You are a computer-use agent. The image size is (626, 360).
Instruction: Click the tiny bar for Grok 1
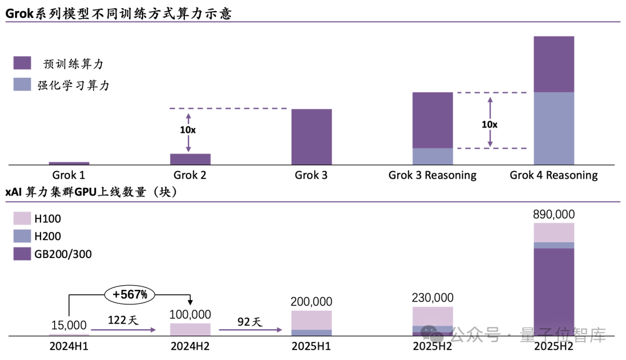[69, 163]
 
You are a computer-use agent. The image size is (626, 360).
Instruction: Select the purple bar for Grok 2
[190, 159]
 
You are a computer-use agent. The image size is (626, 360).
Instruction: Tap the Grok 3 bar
[312, 137]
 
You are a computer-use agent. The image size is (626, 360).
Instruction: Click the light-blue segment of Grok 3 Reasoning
[432, 157]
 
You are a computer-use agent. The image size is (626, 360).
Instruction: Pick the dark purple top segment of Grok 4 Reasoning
[554, 64]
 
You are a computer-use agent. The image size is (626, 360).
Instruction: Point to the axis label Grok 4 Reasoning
[554, 175]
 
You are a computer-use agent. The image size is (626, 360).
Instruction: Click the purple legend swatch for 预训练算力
[22, 63]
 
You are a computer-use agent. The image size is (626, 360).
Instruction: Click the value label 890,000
[554, 214]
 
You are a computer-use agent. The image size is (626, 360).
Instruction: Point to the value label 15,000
[68, 326]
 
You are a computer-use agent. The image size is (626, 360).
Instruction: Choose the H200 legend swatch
[22, 236]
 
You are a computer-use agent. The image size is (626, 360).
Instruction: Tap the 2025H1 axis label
[311, 347]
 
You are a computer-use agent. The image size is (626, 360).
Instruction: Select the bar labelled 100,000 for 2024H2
[190, 329]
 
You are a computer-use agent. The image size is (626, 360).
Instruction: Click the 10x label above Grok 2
[188, 130]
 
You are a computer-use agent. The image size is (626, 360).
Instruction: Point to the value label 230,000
[432, 298]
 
